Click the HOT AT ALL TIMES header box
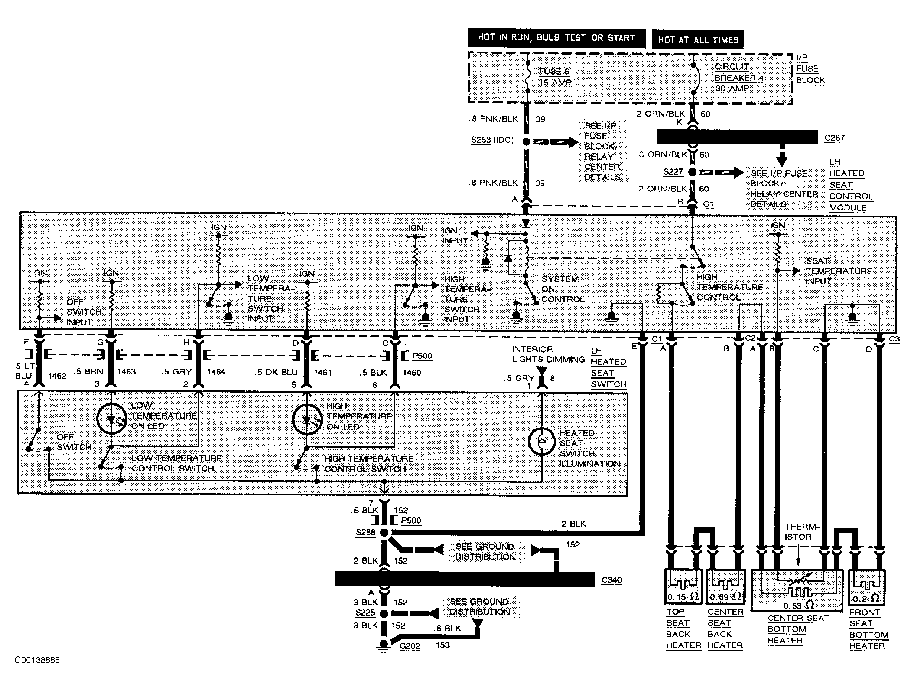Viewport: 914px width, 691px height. pyautogui.click(x=698, y=40)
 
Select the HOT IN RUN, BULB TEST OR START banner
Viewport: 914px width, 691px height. pyautogui.click(x=556, y=38)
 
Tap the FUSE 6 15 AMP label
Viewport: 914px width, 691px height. pyautogui.click(x=555, y=77)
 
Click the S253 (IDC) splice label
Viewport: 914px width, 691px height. pyautogui.click(x=492, y=140)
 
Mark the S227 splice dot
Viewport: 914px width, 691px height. pyautogui.click(x=693, y=172)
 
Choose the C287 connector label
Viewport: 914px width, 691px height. pyautogui.click(x=834, y=138)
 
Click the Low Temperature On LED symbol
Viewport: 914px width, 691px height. pyautogui.click(x=111, y=419)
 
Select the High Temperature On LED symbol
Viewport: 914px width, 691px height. pyautogui.click(x=307, y=419)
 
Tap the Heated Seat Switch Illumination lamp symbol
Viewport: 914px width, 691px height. pyautogui.click(x=542, y=442)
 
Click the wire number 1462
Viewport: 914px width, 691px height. pyautogui.click(x=57, y=376)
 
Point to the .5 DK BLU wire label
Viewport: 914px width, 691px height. pyautogui.click(x=276, y=372)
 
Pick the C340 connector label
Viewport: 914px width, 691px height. pyautogui.click(x=612, y=580)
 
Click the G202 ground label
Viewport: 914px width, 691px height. pyautogui.click(x=410, y=646)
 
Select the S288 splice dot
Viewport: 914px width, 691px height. pyautogui.click(x=384, y=533)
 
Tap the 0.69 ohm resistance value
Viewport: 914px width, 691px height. pyautogui.click(x=725, y=597)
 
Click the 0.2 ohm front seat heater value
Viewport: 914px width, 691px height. pyautogui.click(x=866, y=598)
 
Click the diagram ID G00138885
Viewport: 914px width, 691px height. pyautogui.click(x=37, y=660)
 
